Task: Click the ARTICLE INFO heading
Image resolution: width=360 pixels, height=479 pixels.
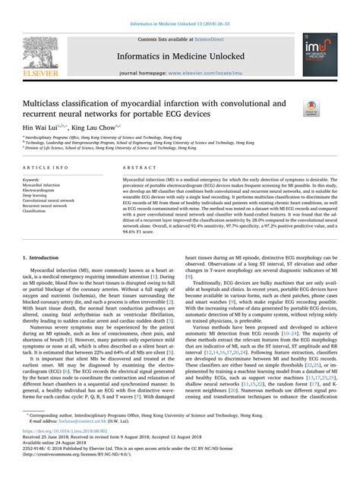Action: [48, 166]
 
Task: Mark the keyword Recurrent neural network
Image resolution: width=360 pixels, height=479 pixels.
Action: [51, 205]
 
